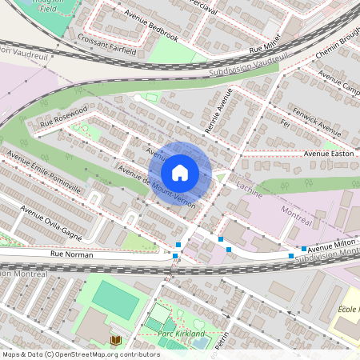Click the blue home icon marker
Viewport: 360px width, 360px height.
(180, 172)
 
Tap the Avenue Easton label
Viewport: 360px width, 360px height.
(328, 153)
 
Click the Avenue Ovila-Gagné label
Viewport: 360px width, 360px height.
(52, 220)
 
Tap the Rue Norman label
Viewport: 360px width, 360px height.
(71, 254)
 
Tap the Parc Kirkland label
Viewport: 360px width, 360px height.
(182, 333)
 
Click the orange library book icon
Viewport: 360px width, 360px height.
(115, 340)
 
